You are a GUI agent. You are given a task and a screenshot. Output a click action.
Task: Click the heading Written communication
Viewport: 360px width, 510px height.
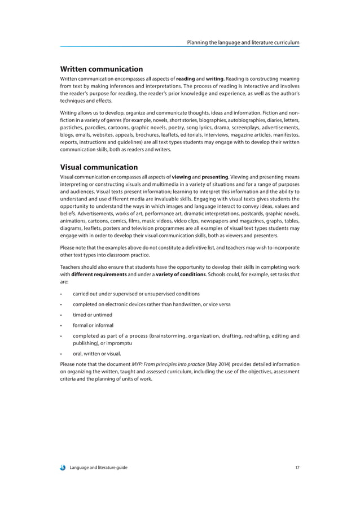(101, 69)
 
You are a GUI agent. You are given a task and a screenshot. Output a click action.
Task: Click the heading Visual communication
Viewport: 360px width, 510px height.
(99, 167)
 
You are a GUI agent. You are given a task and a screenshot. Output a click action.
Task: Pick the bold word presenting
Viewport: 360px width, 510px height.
(211, 177)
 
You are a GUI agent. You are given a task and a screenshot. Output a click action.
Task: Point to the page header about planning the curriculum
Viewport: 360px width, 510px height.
(247, 42)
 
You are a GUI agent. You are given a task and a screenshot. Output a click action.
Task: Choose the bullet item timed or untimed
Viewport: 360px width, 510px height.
(93, 315)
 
